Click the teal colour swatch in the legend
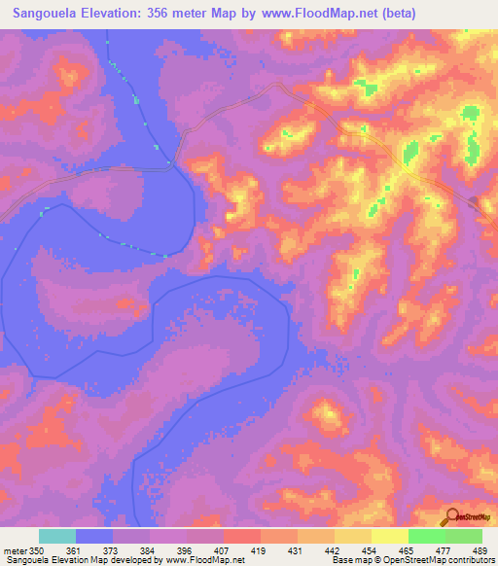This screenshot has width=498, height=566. pyautogui.click(x=57, y=536)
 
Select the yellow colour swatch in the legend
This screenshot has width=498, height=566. pyautogui.click(x=389, y=536)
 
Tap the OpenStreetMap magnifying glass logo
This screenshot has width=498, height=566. pyautogui.click(x=451, y=516)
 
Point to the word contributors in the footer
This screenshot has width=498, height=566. pyautogui.click(x=471, y=560)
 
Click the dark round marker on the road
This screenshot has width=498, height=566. pyautogui.click(x=475, y=202)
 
